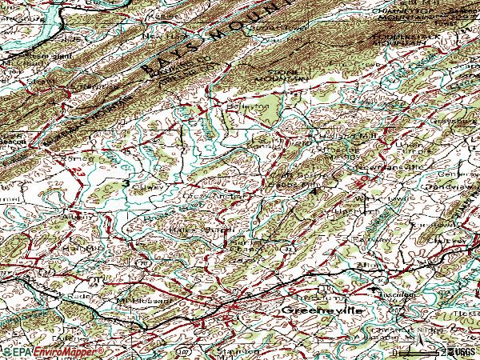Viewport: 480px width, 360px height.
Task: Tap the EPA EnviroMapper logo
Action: (x=53, y=352)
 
